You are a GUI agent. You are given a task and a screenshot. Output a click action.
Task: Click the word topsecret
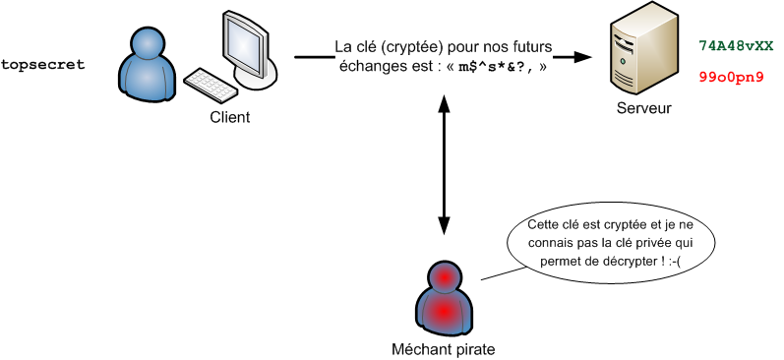[43, 65]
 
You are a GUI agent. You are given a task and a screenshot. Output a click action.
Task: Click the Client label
[230, 117]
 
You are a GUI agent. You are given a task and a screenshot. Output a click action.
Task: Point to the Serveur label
[643, 108]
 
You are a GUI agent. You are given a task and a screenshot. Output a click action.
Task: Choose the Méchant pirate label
[444, 348]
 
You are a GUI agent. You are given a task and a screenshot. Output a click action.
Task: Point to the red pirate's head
[445, 277]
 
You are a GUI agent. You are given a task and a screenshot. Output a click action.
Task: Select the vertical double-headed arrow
[445, 157]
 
